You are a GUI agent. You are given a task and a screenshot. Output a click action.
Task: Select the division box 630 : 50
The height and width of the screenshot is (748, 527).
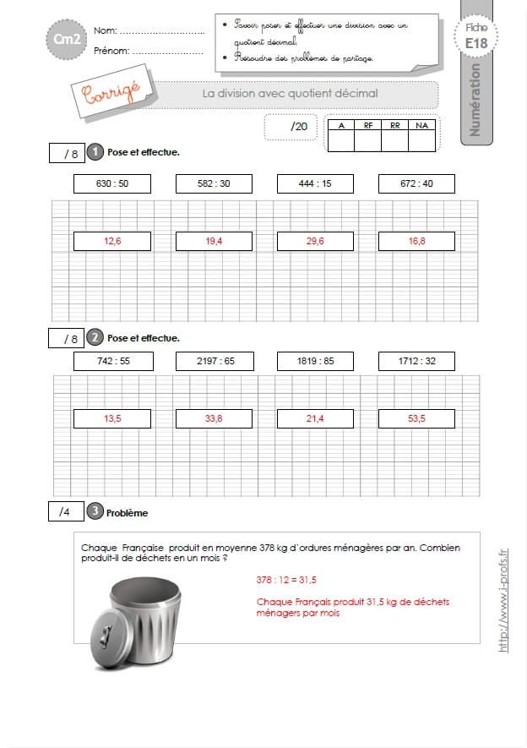point(112,183)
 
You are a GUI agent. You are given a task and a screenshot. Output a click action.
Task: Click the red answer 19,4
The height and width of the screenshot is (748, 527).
point(214,241)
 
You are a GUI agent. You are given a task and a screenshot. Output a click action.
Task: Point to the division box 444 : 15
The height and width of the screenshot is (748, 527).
point(315,183)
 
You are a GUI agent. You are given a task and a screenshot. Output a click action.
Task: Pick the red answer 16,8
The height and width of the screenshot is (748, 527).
point(416,241)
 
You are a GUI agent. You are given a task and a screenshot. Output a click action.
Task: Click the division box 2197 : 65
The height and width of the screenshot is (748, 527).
point(214,361)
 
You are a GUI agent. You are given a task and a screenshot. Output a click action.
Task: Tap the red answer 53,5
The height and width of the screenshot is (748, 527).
point(416,418)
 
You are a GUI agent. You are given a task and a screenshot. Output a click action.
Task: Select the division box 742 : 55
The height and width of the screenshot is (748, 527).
point(112,361)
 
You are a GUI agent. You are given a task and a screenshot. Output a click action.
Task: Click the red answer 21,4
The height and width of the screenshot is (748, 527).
point(315,418)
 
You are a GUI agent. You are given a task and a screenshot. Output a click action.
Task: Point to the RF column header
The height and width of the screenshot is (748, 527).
point(368,125)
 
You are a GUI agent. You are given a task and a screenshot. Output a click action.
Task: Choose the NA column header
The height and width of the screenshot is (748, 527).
point(421,125)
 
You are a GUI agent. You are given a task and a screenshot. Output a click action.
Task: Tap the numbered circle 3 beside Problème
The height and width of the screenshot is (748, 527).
point(95,511)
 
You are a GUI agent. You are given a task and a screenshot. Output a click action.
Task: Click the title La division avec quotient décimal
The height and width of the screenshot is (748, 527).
point(290,94)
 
